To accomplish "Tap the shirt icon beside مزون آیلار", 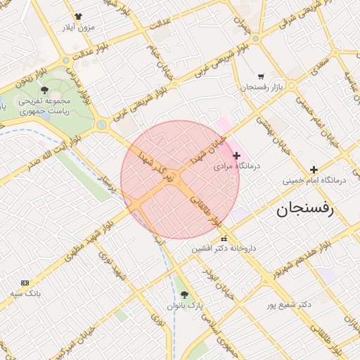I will [x=77, y=16].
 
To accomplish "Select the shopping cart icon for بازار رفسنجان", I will [x=261, y=77].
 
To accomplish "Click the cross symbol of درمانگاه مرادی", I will [x=236, y=155].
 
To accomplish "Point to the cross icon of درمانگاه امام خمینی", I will [x=314, y=169].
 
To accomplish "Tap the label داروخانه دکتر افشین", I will [x=224, y=249].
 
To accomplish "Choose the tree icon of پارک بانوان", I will [x=185, y=295].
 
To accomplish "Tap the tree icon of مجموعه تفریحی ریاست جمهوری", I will [x=45, y=90].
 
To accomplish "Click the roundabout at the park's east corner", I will [x=102, y=124].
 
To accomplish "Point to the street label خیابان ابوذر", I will [x=217, y=287].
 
